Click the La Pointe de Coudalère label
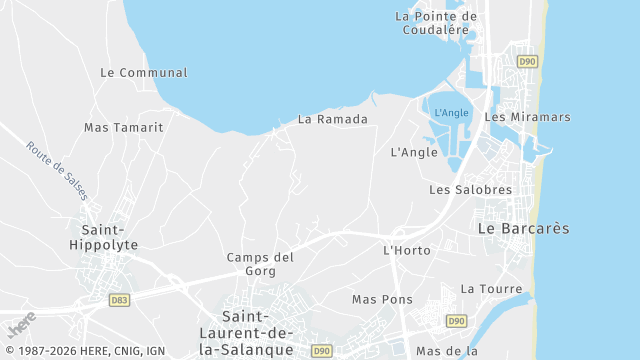[x=432, y=22]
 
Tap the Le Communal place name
[x=144, y=73]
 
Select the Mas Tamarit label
[x=124, y=127]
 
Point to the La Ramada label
[x=333, y=119]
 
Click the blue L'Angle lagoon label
[x=452, y=113]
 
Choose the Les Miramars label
[x=527, y=117]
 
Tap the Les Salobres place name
[x=470, y=189]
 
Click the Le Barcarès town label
[x=523, y=228]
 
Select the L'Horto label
[x=406, y=249]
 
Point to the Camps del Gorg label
[x=260, y=264]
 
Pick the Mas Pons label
[x=382, y=299]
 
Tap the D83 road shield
[x=119, y=299]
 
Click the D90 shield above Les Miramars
[x=527, y=62]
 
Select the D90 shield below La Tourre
[x=456, y=320]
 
